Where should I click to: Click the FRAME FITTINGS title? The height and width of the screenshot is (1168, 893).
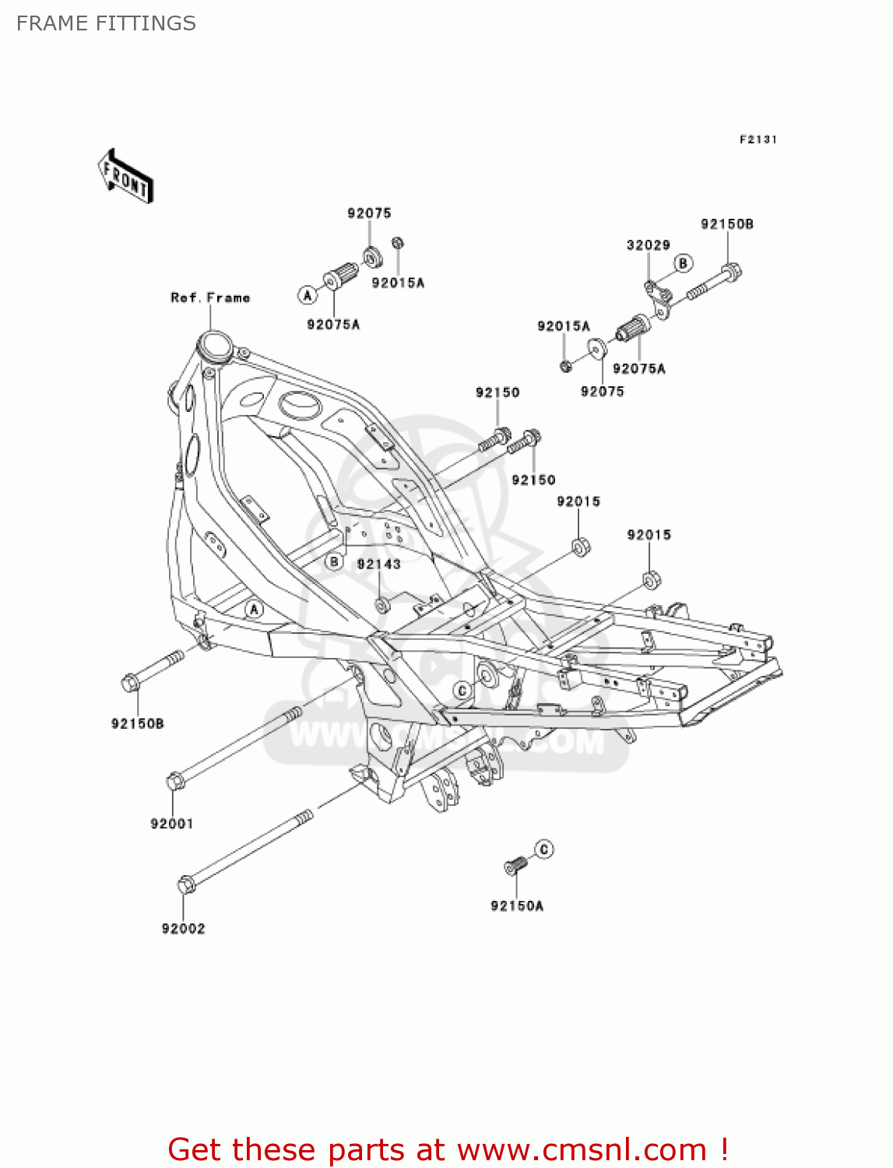pyautogui.click(x=106, y=23)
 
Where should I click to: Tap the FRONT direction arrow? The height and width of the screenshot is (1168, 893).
pyautogui.click(x=125, y=177)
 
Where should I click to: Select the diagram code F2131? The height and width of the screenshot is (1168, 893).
pyautogui.click(x=758, y=139)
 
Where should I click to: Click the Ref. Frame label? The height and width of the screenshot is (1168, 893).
pyautogui.click(x=210, y=297)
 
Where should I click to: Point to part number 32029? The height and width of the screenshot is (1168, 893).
pyautogui.click(x=648, y=245)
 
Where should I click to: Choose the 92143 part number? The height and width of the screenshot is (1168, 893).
pyautogui.click(x=379, y=564)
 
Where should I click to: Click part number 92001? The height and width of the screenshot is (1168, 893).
pyautogui.click(x=171, y=823)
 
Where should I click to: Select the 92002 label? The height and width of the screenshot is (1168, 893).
pyautogui.click(x=183, y=928)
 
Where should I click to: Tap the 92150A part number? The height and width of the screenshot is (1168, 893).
pyautogui.click(x=517, y=906)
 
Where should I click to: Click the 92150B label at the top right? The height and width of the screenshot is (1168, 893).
pyautogui.click(x=726, y=224)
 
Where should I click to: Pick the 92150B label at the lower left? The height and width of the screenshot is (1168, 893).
pyautogui.click(x=137, y=723)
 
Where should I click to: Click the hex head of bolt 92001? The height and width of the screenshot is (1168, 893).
pyautogui.click(x=175, y=780)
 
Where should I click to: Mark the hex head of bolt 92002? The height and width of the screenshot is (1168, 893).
pyautogui.click(x=186, y=885)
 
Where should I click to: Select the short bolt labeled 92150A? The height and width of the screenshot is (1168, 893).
pyautogui.click(x=515, y=864)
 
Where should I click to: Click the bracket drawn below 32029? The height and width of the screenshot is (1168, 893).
pyautogui.click(x=658, y=300)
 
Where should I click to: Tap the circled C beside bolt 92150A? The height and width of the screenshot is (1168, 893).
pyautogui.click(x=544, y=849)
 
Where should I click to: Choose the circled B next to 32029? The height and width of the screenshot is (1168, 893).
pyautogui.click(x=683, y=263)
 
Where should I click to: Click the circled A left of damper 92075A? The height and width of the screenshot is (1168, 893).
pyautogui.click(x=308, y=295)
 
